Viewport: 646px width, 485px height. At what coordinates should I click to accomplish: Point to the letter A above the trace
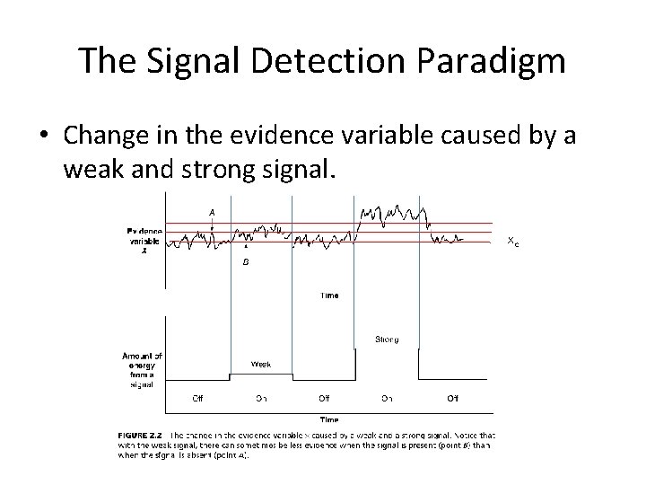click(212, 211)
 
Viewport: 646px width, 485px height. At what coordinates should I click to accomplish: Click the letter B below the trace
click(245, 262)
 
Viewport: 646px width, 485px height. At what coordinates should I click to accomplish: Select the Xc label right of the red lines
click(511, 241)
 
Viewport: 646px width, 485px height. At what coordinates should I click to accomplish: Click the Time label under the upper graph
click(329, 295)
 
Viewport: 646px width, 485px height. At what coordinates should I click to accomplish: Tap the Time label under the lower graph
click(329, 419)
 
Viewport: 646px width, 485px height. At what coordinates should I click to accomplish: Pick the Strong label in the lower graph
click(387, 339)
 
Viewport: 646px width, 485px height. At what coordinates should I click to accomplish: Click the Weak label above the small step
click(260, 365)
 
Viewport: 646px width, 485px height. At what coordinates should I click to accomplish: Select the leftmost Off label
click(198, 398)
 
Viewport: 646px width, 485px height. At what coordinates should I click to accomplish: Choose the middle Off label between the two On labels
click(323, 398)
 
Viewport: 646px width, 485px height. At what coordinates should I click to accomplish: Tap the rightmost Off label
click(452, 398)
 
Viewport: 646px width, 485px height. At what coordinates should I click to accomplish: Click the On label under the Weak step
click(260, 398)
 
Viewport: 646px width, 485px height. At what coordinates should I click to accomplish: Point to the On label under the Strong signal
click(387, 398)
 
